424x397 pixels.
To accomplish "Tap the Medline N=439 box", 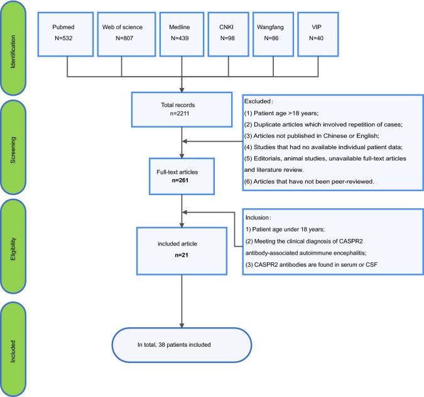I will [181, 33].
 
